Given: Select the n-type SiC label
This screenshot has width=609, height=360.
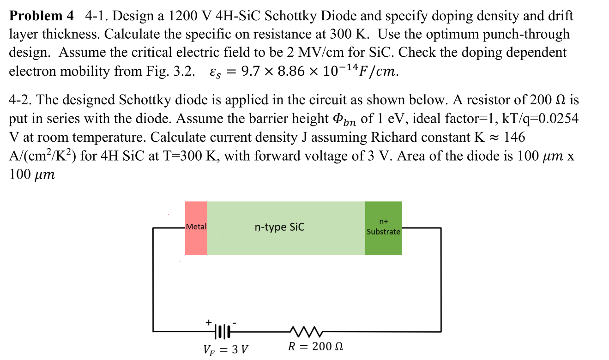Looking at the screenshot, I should tap(279, 227).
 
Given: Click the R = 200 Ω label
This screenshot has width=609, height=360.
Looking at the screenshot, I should tap(315, 347).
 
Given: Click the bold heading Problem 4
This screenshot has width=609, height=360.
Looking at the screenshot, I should tap(42, 16).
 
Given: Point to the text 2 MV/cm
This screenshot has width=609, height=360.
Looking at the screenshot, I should tap(310, 53).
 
